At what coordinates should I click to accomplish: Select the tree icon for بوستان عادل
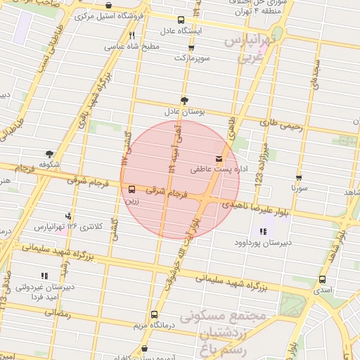pos(185,100)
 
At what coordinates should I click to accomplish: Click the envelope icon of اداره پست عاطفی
pos(219,157)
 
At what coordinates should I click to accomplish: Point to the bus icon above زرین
pos(132,188)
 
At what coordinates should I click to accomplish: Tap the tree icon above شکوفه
pos(49,153)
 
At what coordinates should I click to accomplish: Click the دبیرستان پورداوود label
pos(262,243)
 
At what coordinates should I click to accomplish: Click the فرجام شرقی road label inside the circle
pos(168,191)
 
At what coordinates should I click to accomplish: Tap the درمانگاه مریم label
pos(155,326)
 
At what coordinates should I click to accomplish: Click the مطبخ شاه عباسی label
pos(133,46)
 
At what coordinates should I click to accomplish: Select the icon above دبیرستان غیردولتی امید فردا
pos(44,276)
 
